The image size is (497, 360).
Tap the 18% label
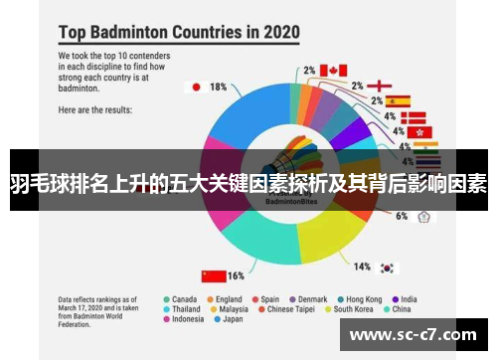(217, 87)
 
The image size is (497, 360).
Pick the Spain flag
(398, 100)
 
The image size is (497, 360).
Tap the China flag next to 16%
(213, 275)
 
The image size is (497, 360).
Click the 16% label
(237, 275)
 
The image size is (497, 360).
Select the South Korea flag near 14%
(388, 268)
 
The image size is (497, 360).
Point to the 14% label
(363, 267)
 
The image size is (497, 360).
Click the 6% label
(402, 215)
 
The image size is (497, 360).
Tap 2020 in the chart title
(275, 32)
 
